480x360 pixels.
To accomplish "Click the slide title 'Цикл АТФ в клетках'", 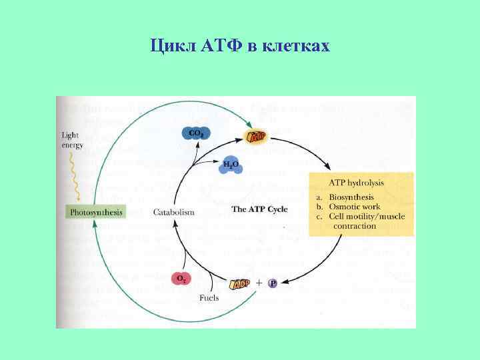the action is pyautogui.click(x=239, y=46).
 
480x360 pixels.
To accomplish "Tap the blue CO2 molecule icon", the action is pyautogui.click(x=196, y=134).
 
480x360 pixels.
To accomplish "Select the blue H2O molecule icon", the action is pyautogui.click(x=231, y=165).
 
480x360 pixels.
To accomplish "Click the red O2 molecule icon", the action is pyautogui.click(x=181, y=278).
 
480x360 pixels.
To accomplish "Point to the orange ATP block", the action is pyautogui.click(x=257, y=137).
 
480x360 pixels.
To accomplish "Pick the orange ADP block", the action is pyautogui.click(x=241, y=284).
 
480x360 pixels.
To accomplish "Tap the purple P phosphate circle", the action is pyautogui.click(x=272, y=283).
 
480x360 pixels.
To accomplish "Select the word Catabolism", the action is pyautogui.click(x=173, y=212).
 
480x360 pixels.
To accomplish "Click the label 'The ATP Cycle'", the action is pyautogui.click(x=259, y=209).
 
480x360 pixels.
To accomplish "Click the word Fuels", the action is pyautogui.click(x=209, y=297).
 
